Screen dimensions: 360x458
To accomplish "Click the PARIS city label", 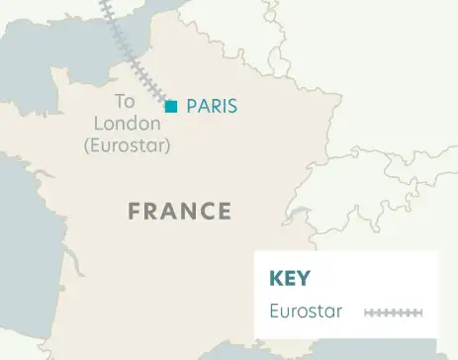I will [212, 106].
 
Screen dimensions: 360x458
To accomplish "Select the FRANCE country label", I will [180, 211].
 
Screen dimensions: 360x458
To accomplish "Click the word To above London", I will [125, 101].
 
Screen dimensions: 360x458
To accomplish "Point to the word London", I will [125, 124].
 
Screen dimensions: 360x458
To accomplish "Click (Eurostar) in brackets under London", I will [128, 145].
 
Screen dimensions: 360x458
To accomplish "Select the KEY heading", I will [291, 278].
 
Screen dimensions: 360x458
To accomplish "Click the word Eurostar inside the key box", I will [306, 312].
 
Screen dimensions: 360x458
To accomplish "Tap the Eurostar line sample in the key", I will [393, 313].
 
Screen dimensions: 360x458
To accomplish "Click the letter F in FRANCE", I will [135, 211].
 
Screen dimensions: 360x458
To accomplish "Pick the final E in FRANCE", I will [225, 211].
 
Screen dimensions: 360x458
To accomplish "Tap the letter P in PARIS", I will [191, 106].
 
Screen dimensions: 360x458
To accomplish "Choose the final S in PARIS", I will [232, 106].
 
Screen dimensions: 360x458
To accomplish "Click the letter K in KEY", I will [276, 278].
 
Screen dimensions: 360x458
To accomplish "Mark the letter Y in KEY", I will [306, 278].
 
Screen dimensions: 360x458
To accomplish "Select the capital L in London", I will [95, 124].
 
